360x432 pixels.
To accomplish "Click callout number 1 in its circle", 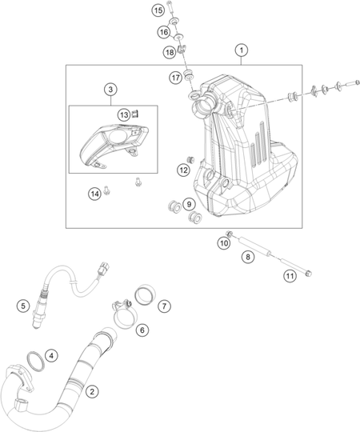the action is tap(242, 50).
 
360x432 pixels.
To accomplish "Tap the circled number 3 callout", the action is tap(110, 90).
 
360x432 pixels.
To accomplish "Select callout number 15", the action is tap(158, 10).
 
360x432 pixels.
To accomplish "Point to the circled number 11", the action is tap(290, 276).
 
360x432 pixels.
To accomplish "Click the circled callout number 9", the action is tap(189, 204).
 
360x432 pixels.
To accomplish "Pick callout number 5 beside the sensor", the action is tap(23, 306).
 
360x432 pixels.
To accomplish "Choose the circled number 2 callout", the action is tap(92, 391).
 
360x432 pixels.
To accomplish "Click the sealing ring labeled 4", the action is tap(36, 361).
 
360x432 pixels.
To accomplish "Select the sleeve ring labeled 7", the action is tap(145, 295).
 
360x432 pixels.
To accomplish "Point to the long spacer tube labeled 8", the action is tap(254, 248).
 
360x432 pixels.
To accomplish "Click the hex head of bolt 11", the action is tap(309, 274).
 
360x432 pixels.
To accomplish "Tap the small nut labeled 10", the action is tap(229, 234).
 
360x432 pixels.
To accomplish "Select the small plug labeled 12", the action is tap(190, 159).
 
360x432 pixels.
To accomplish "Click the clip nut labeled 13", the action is tap(135, 114).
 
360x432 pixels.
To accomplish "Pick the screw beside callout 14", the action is tap(107, 190).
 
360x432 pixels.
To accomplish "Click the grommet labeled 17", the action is tap(189, 74).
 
